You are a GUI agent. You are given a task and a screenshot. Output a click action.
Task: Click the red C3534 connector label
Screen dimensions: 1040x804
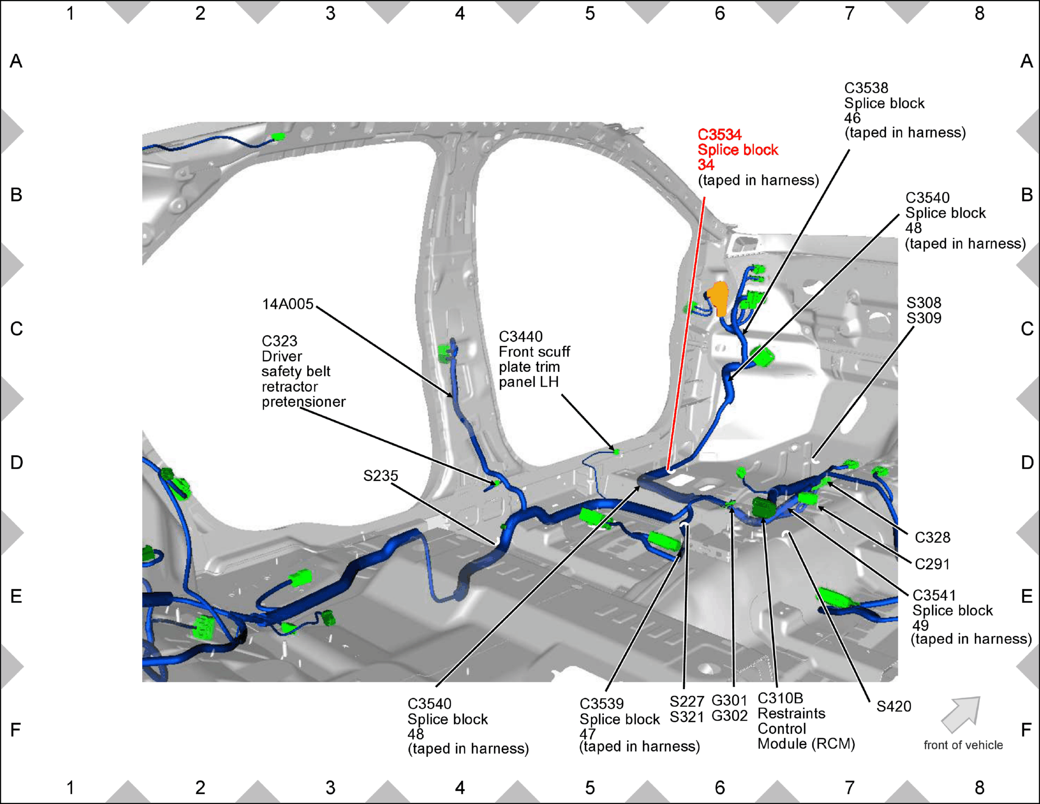click(719, 135)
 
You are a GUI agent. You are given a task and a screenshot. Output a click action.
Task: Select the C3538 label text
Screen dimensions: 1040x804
click(866, 88)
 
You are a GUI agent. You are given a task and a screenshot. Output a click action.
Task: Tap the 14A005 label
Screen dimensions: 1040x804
click(288, 304)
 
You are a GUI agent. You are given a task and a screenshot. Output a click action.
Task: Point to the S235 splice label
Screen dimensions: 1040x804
click(380, 475)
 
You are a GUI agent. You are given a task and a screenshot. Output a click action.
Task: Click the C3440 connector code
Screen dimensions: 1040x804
click(520, 337)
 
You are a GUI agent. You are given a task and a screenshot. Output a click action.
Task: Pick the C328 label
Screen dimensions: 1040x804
click(932, 537)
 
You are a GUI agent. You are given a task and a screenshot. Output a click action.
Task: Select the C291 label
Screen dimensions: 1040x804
click(932, 564)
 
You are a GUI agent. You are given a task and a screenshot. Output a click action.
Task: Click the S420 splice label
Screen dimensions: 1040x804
click(894, 706)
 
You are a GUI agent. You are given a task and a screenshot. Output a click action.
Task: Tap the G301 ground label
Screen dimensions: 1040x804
click(729, 701)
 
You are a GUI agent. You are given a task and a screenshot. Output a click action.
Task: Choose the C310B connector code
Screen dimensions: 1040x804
click(780, 699)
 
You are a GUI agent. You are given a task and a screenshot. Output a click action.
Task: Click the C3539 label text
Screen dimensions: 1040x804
click(602, 704)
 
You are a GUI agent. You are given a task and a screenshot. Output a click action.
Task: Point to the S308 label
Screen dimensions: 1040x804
click(924, 303)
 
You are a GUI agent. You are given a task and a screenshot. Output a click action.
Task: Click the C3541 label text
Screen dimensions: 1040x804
click(934, 596)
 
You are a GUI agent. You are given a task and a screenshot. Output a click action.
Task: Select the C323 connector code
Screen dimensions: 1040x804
click(279, 341)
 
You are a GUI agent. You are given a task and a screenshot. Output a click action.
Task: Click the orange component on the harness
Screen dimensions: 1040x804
click(718, 298)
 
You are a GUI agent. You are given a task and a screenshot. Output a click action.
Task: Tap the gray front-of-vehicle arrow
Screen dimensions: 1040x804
click(960, 715)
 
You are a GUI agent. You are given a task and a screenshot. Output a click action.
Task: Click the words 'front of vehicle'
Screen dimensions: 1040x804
click(963, 745)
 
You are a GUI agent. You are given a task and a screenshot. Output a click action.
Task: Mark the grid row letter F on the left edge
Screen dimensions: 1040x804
click(16, 730)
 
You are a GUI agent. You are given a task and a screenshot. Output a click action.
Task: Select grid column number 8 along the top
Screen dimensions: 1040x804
click(979, 14)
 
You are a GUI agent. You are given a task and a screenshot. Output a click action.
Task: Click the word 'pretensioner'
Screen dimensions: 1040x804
click(304, 402)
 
